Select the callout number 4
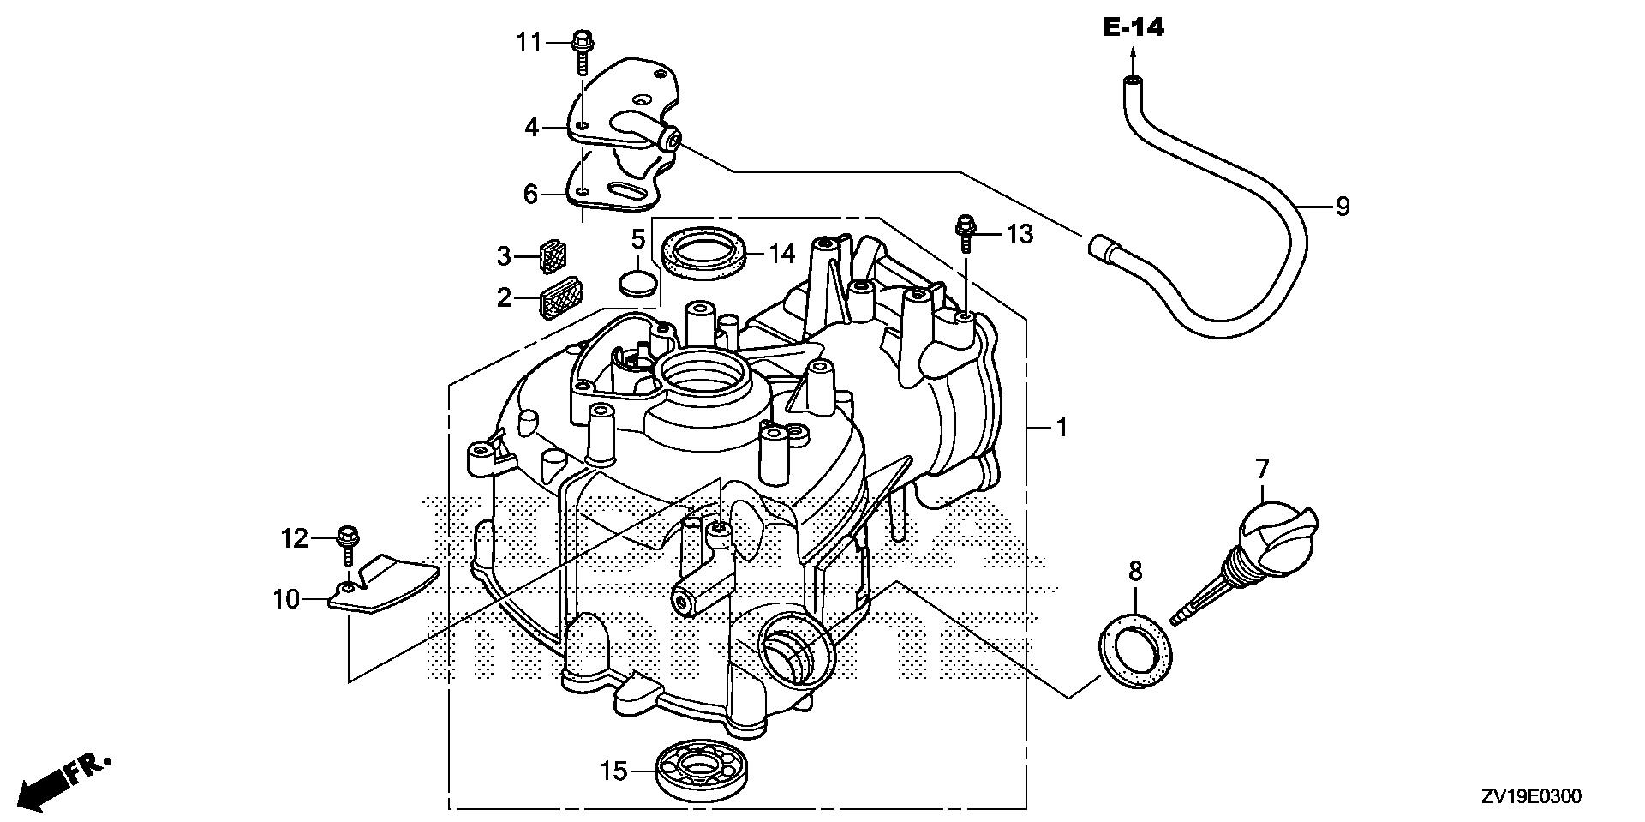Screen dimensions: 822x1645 pos(532,129)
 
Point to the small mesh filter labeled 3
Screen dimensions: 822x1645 pos(553,255)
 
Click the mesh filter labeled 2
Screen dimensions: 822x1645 pos(560,297)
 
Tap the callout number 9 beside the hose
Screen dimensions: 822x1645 pos(1343,206)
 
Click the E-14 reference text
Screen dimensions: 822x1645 pos(1133,28)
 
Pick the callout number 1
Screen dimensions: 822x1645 pos(1062,426)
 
